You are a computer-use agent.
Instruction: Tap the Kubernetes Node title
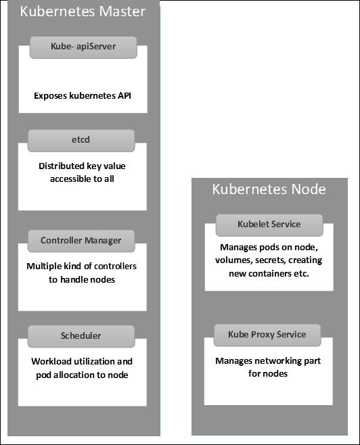269,189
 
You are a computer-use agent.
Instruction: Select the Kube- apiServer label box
83,47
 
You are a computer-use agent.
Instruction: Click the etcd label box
81,140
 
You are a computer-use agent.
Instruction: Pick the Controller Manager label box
81,240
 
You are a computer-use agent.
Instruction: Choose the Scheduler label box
81,335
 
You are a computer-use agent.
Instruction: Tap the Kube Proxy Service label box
268,334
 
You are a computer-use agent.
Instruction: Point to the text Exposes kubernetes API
82,96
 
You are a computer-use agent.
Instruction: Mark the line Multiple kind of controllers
82,266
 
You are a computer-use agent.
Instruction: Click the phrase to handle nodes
82,279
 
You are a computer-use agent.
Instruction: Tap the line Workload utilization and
82,362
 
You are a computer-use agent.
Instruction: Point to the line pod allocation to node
82,375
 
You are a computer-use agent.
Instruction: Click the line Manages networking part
268,361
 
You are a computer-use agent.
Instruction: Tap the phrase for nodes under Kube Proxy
268,374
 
